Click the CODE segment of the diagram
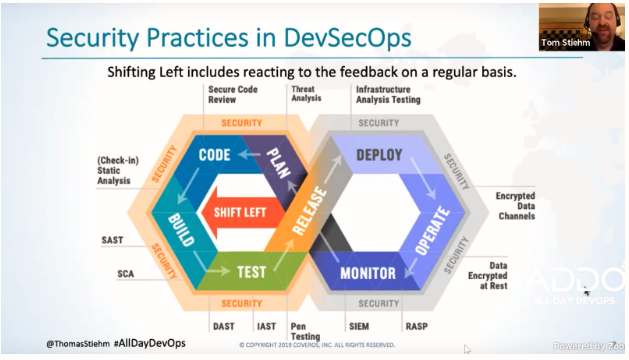point(215,155)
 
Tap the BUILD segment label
point(182,229)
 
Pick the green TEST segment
point(250,271)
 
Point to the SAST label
point(113,240)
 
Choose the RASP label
point(417,326)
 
